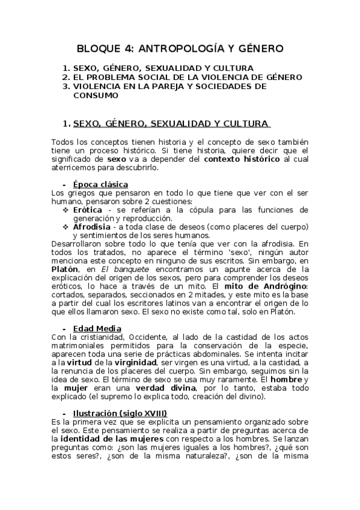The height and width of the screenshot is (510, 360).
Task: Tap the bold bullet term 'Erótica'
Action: click(87, 210)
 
